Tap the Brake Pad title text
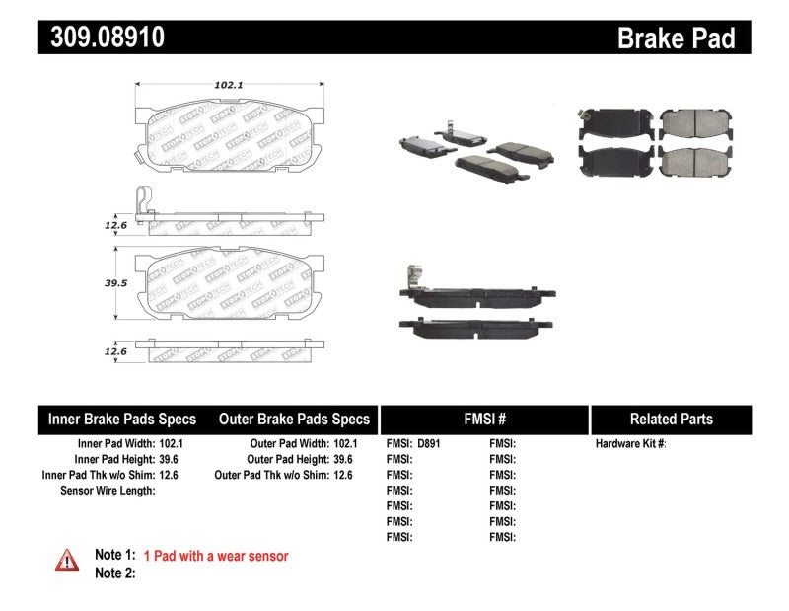676,38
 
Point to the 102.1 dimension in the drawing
229,85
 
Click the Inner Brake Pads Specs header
122,419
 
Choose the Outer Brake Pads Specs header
294,419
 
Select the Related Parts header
671,419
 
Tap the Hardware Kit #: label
630,444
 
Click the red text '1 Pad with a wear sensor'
216,556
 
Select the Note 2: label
114,573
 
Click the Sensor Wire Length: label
108,491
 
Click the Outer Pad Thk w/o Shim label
271,475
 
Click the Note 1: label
114,556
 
